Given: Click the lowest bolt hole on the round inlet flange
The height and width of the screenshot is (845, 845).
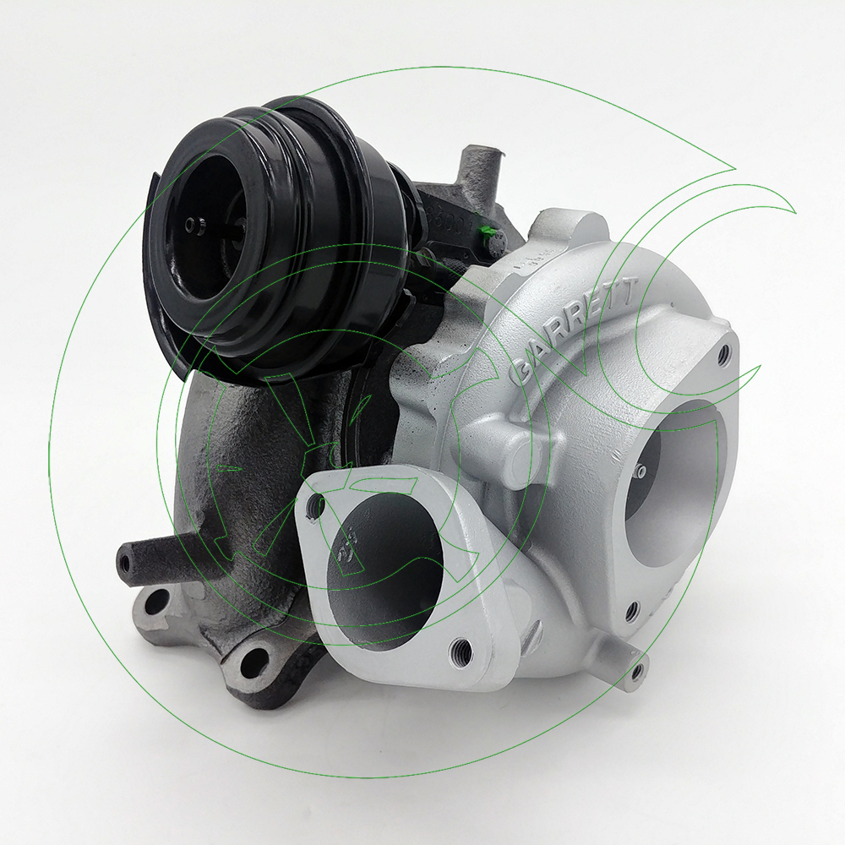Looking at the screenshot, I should click(630, 610).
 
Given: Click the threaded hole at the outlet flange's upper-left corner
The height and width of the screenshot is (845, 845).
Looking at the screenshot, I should click(317, 505).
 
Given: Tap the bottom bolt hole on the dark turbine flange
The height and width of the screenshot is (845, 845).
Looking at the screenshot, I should click(253, 662).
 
